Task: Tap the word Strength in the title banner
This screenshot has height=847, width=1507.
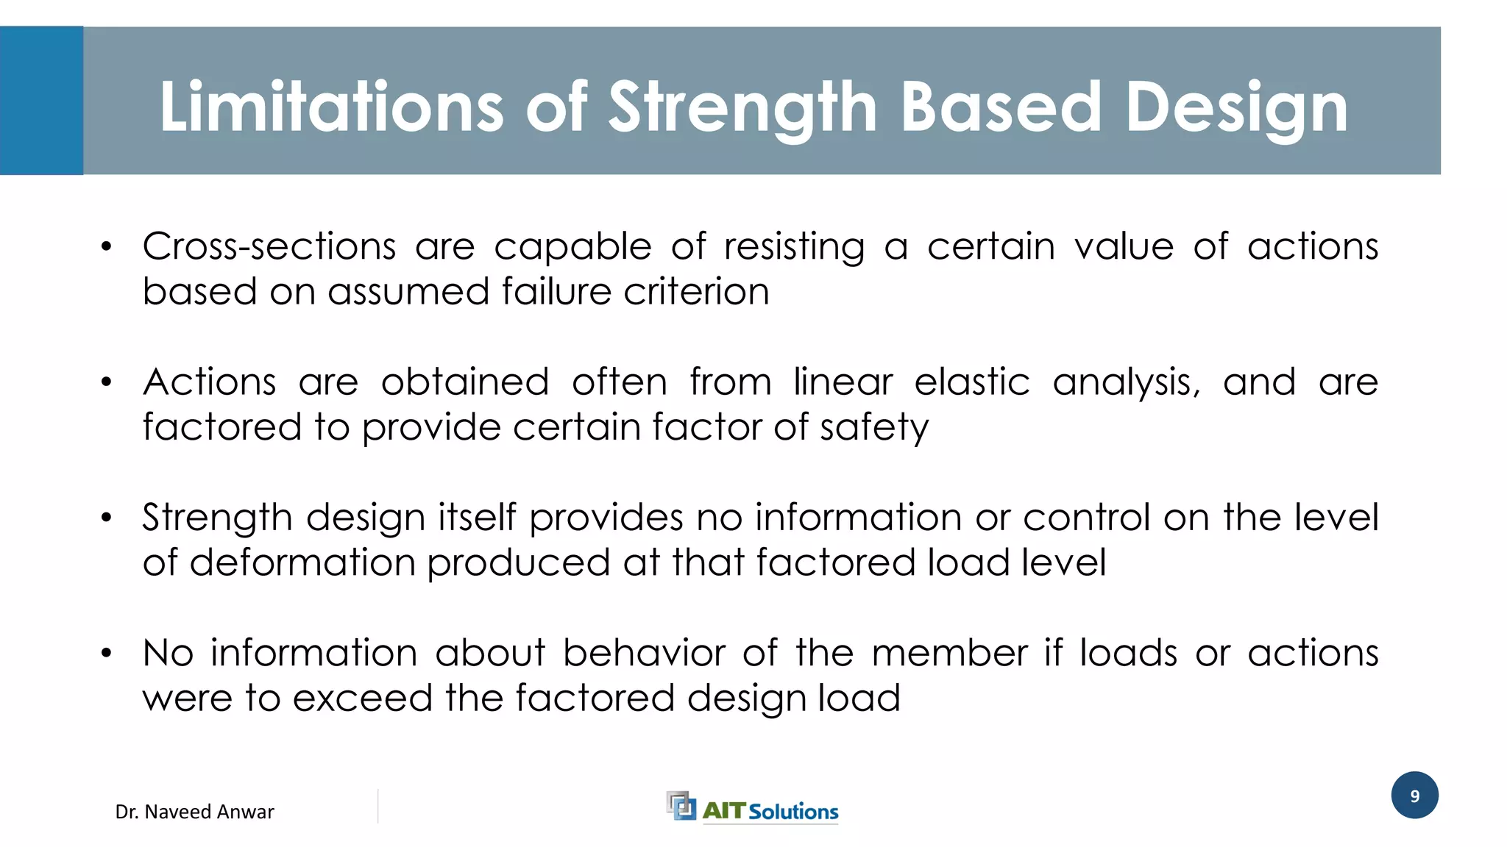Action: click(742, 107)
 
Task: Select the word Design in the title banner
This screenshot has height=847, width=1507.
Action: click(1236, 107)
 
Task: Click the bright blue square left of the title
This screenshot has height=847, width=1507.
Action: click(41, 101)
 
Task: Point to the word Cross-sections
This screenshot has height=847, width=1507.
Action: click(269, 246)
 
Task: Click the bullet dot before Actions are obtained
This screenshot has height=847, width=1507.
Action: click(107, 382)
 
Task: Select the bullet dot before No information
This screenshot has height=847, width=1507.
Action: click(107, 653)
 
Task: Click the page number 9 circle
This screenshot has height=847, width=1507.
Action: click(1414, 796)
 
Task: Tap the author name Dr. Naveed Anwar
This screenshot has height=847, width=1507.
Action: click(194, 812)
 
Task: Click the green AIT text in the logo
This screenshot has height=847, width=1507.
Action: click(724, 810)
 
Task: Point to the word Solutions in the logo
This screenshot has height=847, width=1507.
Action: click(793, 812)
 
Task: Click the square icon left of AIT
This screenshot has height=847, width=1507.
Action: click(681, 806)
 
